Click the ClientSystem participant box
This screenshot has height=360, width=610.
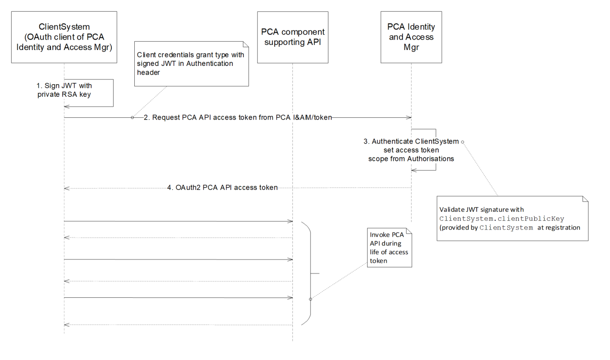coord(64,37)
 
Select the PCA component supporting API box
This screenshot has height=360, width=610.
coord(293,37)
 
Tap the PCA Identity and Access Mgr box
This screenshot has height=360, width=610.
coord(411,37)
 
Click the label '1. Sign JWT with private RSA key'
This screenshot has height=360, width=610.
coord(64,90)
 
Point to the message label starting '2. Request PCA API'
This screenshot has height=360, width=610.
coord(238,118)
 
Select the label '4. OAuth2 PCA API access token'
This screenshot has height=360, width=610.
coord(222,188)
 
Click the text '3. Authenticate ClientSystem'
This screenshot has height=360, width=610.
coord(411,142)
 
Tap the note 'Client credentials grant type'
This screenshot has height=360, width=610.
coord(192,63)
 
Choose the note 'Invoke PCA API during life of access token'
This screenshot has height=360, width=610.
coord(389,247)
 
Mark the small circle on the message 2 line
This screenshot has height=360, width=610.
coord(132,118)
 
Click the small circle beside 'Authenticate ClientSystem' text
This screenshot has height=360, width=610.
coord(463,141)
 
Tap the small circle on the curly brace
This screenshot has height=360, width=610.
coord(310,299)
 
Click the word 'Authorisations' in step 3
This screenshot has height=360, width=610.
coord(431,158)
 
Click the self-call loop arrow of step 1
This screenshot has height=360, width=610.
coord(113,92)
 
